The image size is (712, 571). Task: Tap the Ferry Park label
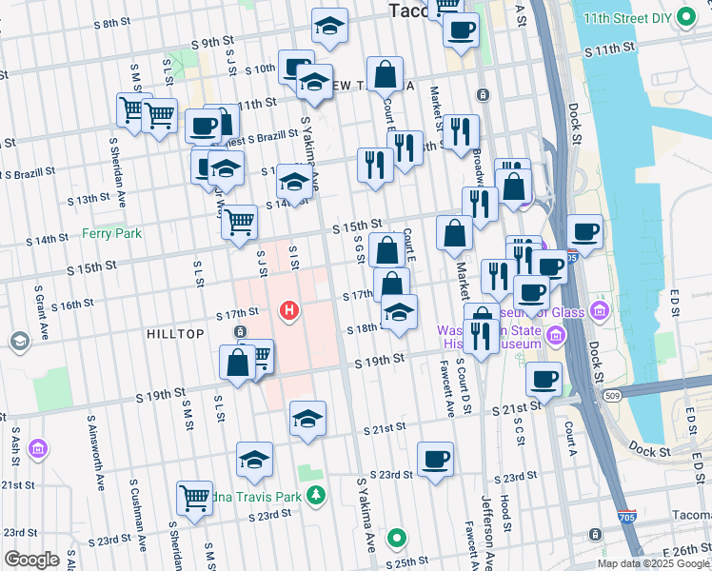pos(111,233)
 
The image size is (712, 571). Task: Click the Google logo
pos(31,560)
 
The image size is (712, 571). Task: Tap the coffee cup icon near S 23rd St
pos(435,460)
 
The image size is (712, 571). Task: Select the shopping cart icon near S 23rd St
pos(194,498)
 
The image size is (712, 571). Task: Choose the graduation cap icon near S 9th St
pos(329,27)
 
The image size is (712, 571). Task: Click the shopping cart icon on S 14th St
pos(239,223)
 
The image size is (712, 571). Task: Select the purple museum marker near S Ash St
pos(37,448)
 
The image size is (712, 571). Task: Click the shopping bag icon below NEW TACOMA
pos(385,74)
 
